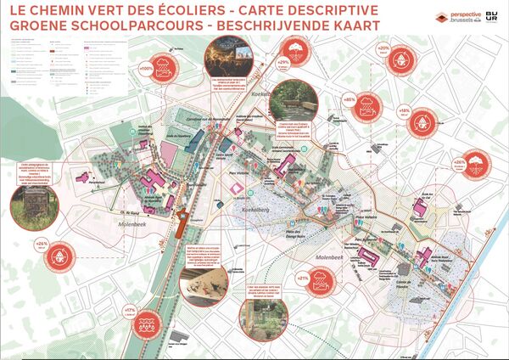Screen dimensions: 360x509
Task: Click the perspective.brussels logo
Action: pyautogui.click(x=456, y=17)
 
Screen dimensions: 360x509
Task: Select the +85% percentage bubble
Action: pyautogui.click(x=349, y=99)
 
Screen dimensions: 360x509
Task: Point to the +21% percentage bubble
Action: pyautogui.click(x=302, y=277)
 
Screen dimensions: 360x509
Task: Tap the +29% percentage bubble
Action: pyautogui.click(x=284, y=62)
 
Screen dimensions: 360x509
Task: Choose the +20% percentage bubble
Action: pyautogui.click(x=383, y=48)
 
